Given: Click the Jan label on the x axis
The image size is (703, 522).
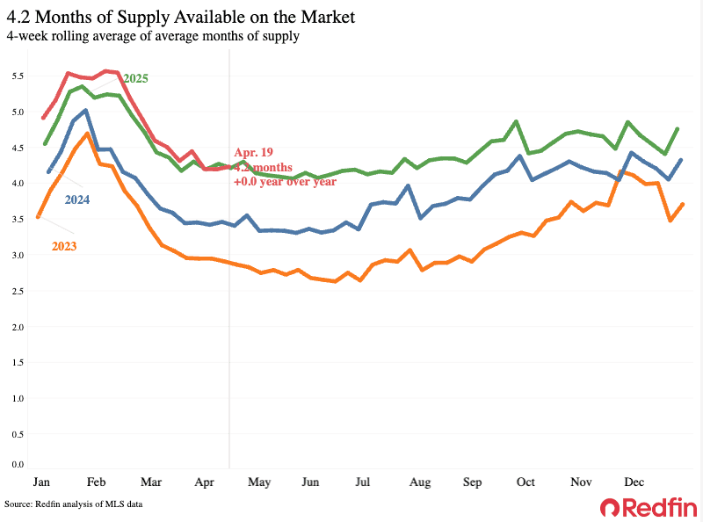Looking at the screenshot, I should point(41,482).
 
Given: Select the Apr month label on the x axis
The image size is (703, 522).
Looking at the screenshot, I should point(205,482).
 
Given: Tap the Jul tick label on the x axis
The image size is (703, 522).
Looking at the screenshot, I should point(362,482).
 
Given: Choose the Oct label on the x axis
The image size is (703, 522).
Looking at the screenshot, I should point(525,482).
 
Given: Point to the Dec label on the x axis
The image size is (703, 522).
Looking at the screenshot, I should point(633,482).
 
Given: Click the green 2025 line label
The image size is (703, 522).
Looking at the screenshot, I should point(135,78).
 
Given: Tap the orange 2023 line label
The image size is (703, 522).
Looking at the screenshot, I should point(63,246).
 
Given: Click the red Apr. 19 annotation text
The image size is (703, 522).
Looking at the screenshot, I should point(254,151).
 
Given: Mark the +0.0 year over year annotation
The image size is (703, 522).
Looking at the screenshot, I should point(285,181).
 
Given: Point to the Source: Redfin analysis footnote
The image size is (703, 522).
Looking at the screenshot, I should point(73,504).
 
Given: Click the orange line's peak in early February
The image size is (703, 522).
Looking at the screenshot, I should point(87,134).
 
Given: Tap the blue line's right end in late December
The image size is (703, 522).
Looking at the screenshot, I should point(682,160).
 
